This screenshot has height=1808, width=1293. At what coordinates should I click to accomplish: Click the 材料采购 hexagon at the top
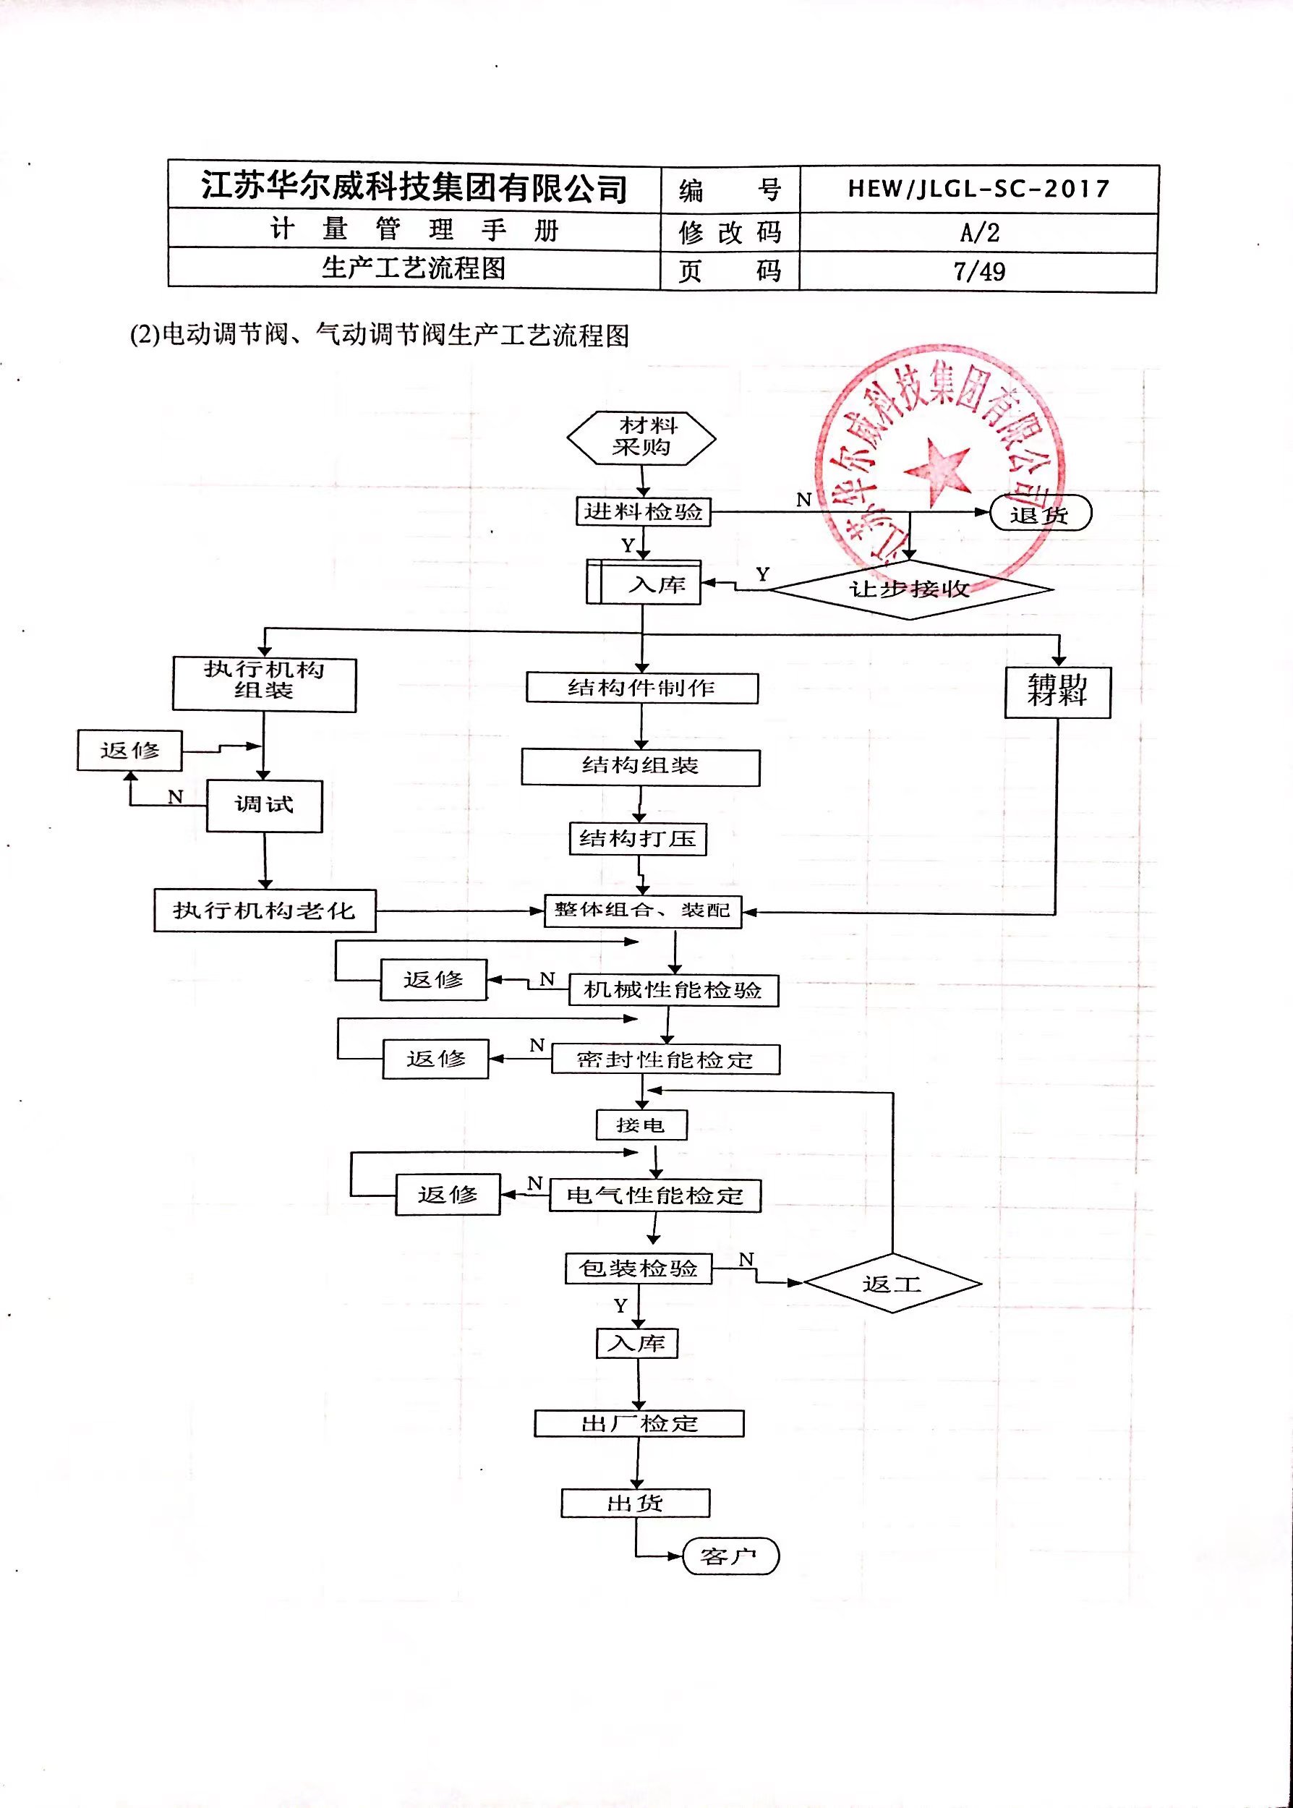point(641,437)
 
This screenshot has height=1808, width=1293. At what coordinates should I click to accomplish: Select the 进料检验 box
point(642,511)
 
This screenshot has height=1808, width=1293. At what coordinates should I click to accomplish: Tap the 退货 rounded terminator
point(1040,513)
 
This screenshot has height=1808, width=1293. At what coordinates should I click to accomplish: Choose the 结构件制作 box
point(641,688)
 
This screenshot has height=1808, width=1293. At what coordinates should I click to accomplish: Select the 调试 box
point(265,806)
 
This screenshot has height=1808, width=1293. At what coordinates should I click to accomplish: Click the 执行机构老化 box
point(265,910)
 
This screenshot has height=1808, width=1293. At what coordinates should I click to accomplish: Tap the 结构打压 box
point(638,839)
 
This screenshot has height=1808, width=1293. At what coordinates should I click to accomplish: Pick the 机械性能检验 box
point(673,990)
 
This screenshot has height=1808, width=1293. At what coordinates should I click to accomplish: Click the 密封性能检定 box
point(665,1059)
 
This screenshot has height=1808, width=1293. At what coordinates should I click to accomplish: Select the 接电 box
point(641,1125)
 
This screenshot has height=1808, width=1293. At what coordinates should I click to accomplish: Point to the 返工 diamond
point(892,1284)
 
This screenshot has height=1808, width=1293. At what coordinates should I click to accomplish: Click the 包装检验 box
point(639,1268)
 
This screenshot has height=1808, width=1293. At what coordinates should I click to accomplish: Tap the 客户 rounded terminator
point(730,1556)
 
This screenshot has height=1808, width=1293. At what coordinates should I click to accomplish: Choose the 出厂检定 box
point(639,1423)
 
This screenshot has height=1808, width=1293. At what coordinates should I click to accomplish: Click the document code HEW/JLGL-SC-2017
point(978,189)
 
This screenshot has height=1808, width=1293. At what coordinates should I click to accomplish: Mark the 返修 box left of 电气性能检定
point(448,1194)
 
